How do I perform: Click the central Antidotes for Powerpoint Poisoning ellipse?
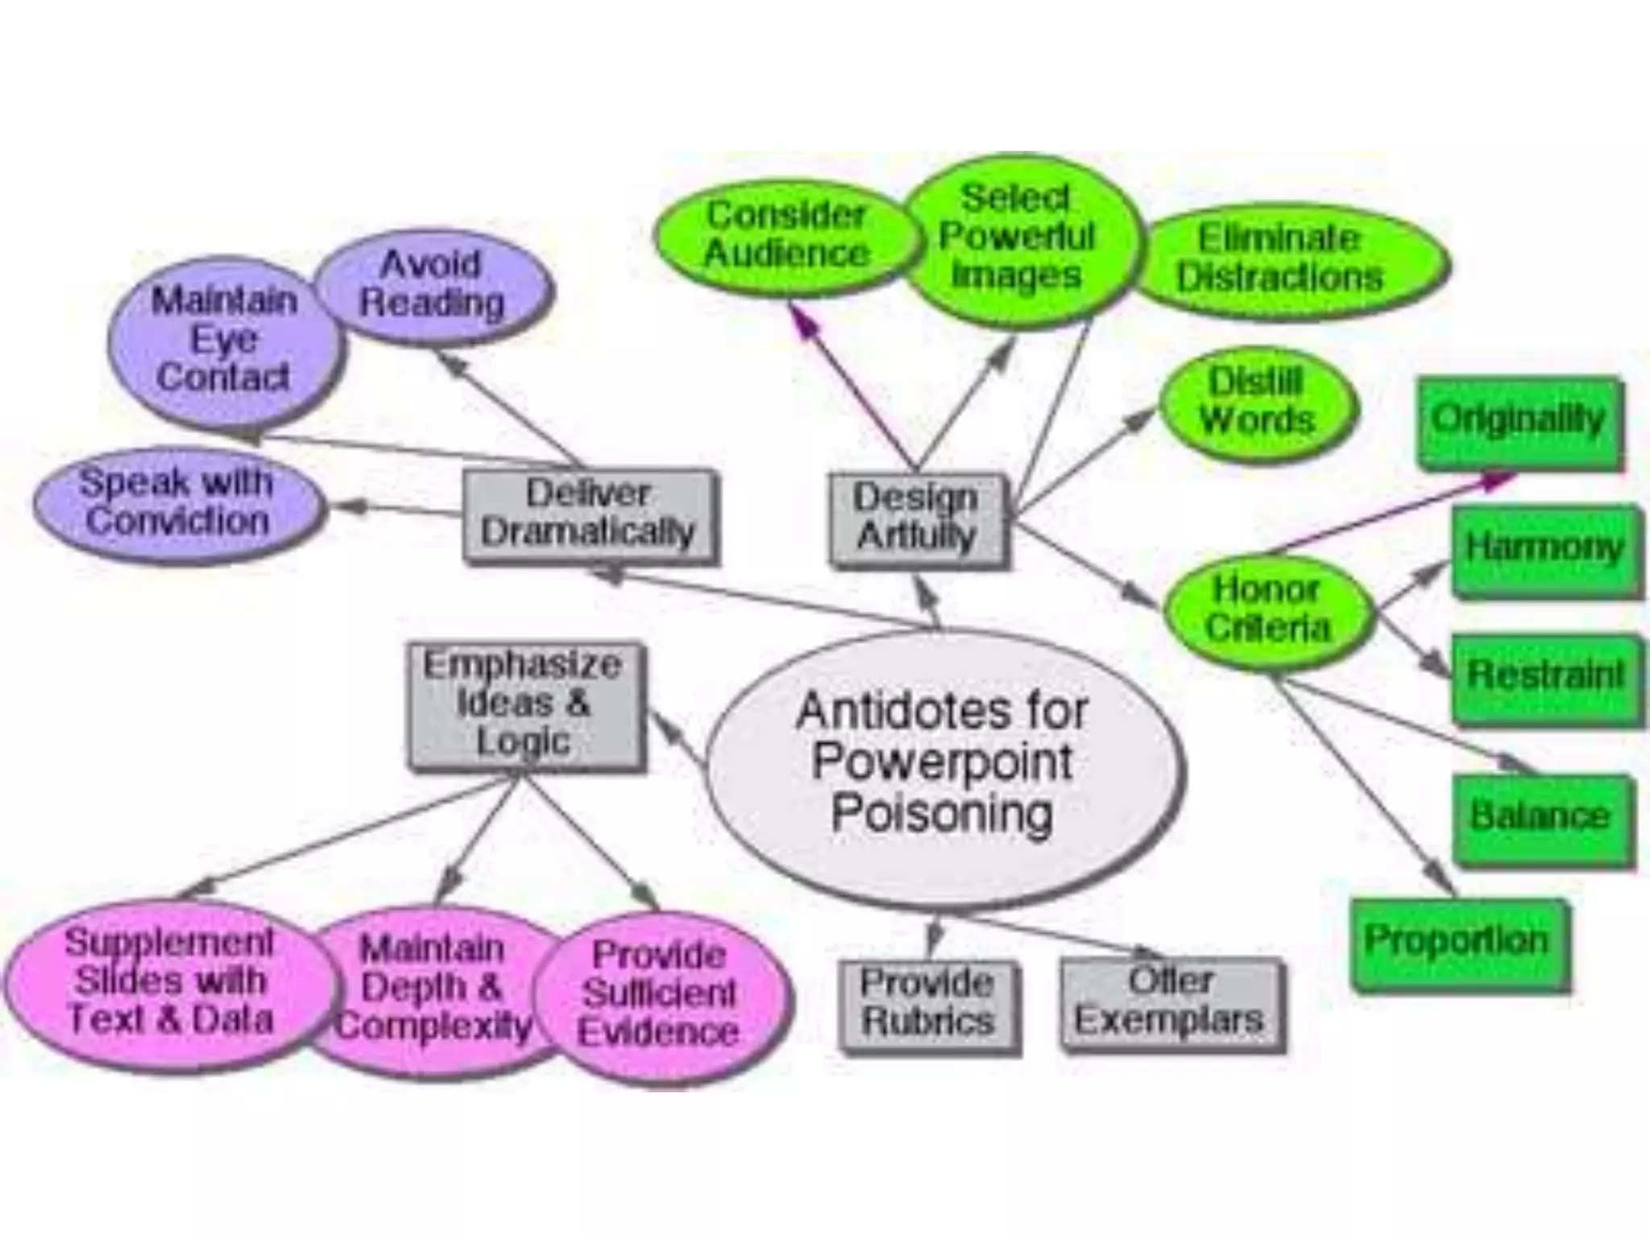(943, 766)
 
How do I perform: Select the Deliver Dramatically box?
(589, 513)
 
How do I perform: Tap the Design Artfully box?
(917, 517)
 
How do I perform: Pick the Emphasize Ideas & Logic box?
(524, 704)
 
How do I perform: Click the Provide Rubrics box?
(928, 1003)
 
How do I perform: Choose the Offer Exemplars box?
(1171, 1002)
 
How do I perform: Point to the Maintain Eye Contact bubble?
(224, 340)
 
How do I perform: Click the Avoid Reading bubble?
(433, 284)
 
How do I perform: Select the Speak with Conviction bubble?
(177, 502)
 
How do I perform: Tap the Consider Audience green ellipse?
(786, 235)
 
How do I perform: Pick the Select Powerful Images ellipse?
(1017, 237)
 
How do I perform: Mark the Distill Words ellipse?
(1257, 402)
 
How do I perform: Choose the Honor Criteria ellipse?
(1267, 610)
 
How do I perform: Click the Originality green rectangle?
(1519, 421)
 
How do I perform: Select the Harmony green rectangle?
(1544, 549)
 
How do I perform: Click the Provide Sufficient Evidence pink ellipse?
(659, 995)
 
